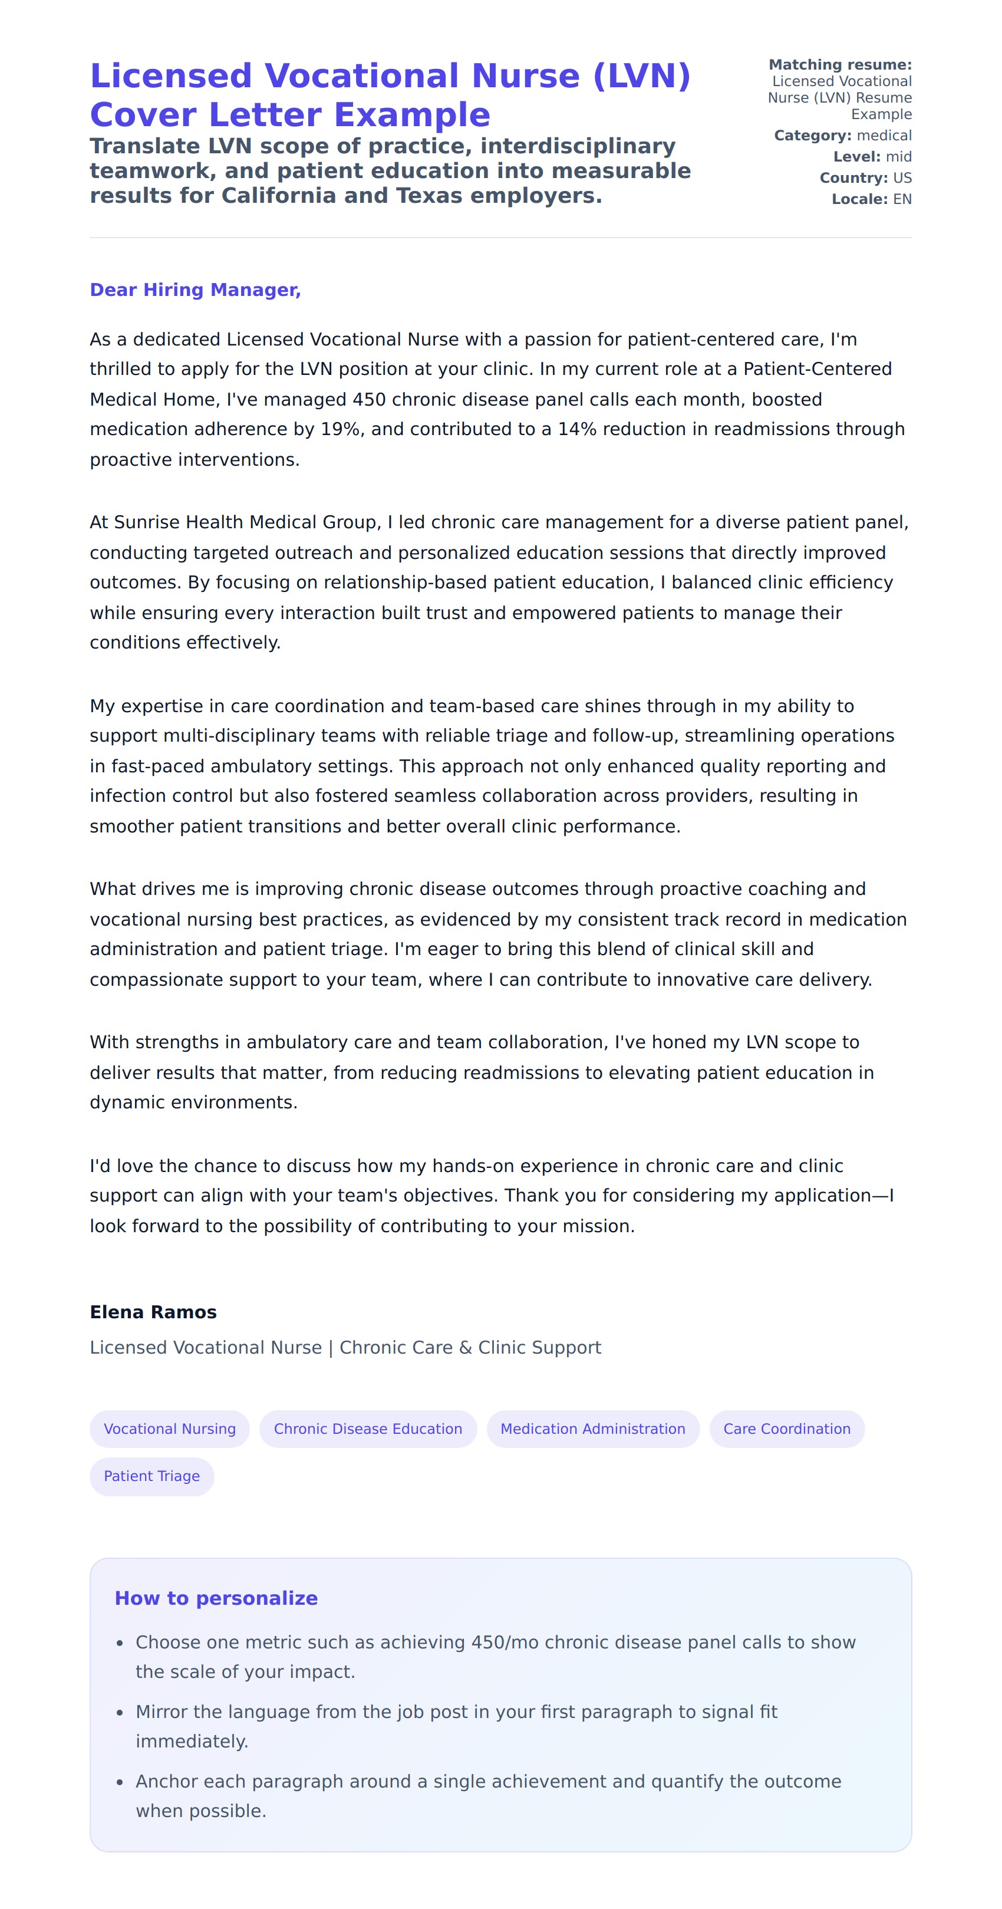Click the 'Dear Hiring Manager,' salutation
pos(195,289)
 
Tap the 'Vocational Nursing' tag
pos(170,1429)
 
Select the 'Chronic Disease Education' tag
pos(368,1429)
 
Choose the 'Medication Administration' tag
pos(592,1429)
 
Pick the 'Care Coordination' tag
pos(786,1429)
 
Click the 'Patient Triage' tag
pos(152,1476)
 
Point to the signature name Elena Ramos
pos(153,1312)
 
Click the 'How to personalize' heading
pos(216,1598)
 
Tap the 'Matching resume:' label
pos(840,64)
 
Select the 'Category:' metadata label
pos(812,136)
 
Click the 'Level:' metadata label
pos(856,157)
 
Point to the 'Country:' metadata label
pos(853,178)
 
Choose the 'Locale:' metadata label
pos(859,199)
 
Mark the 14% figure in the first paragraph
pos(576,429)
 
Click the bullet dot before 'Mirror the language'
pos(120,1713)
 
